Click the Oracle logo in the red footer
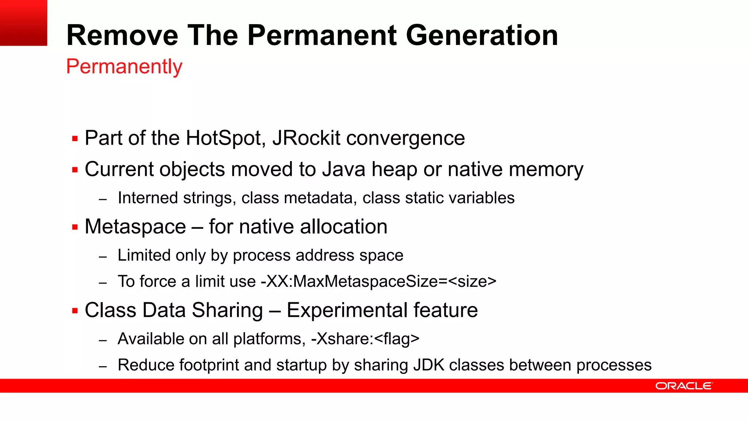(684, 386)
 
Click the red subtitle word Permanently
(124, 67)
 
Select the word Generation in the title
(482, 35)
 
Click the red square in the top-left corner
(23, 23)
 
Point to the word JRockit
(306, 138)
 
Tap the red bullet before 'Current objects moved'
(75, 170)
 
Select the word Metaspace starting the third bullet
(135, 227)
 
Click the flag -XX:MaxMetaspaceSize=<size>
(378, 282)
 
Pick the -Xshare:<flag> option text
(365, 339)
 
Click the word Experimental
(347, 310)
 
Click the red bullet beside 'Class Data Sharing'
(75, 311)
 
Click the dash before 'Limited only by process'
(103, 257)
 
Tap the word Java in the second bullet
(344, 170)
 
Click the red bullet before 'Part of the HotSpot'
(75, 139)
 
